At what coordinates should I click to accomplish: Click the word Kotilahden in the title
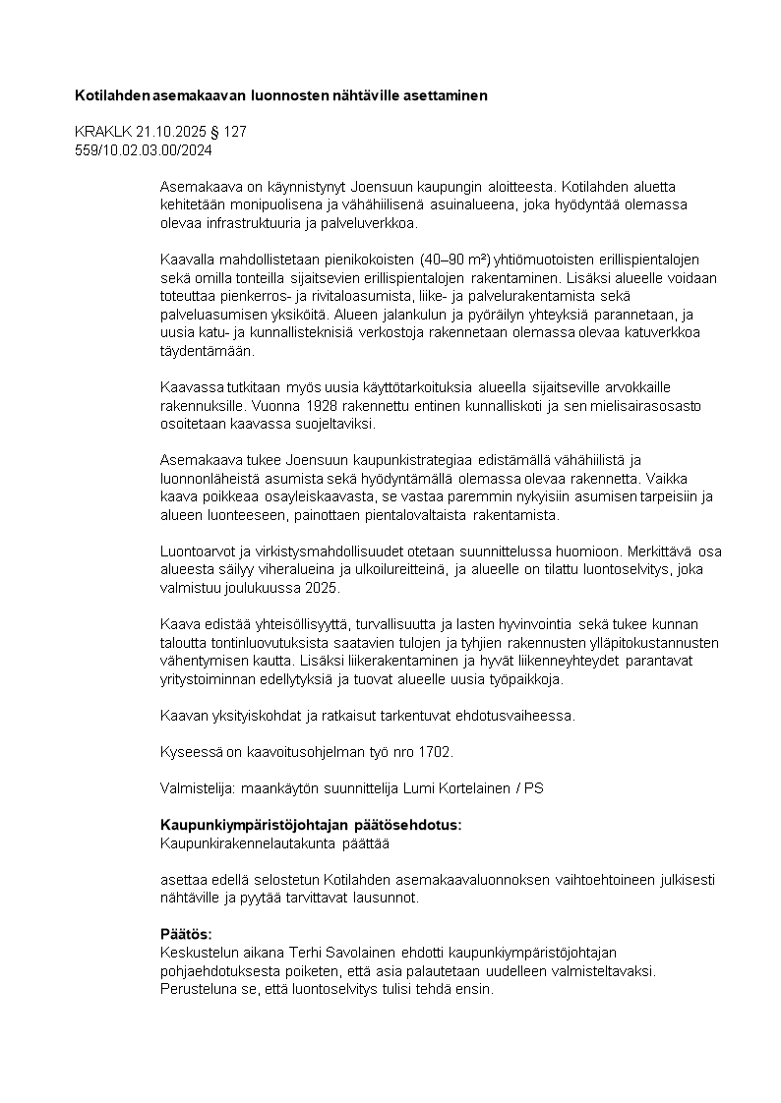pos(112,96)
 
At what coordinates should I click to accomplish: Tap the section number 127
pos(235,132)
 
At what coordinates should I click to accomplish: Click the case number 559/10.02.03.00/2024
pos(144,150)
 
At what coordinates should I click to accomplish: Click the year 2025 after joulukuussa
pos(322,588)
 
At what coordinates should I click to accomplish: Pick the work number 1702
pos(435,752)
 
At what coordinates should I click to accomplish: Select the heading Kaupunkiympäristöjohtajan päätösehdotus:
pos(311,824)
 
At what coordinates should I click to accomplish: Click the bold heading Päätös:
pos(186,934)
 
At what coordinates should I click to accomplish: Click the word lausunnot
pos(389,898)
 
